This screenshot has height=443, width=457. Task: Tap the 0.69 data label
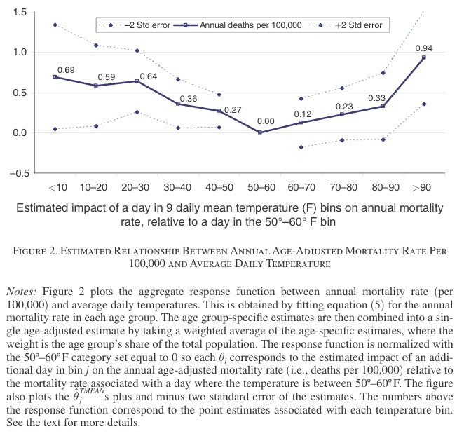pyautogui.click(x=64, y=70)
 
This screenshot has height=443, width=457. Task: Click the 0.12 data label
pyautogui.click(x=302, y=114)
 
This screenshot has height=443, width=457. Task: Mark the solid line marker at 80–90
pyautogui.click(x=383, y=106)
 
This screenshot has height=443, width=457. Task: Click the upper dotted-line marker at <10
pyautogui.click(x=55, y=25)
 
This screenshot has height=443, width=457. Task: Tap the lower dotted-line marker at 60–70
pyautogui.click(x=301, y=147)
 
